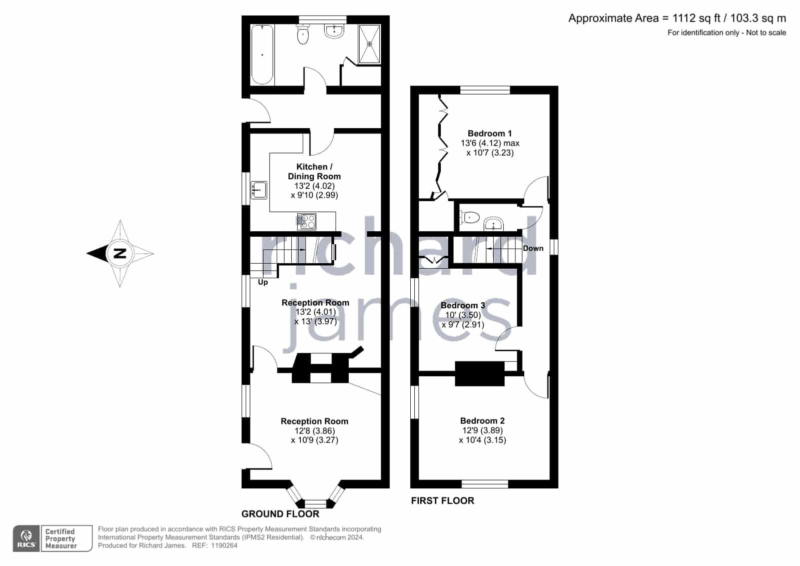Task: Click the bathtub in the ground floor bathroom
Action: pyautogui.click(x=262, y=55)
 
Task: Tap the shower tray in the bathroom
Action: pyautogui.click(x=369, y=45)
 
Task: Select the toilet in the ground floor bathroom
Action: pyautogui.click(x=303, y=35)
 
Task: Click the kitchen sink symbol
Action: pyautogui.click(x=259, y=190)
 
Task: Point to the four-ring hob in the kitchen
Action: pyautogui.click(x=307, y=221)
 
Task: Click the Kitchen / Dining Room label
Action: pyautogui.click(x=314, y=172)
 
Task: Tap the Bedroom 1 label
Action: pyautogui.click(x=490, y=133)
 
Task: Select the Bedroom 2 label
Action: pyautogui.click(x=482, y=420)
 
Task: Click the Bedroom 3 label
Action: pyautogui.click(x=463, y=305)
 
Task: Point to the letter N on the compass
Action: pyautogui.click(x=120, y=253)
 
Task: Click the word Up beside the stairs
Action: pyautogui.click(x=263, y=282)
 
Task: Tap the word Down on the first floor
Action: pyautogui.click(x=533, y=248)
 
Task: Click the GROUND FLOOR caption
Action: pyautogui.click(x=280, y=514)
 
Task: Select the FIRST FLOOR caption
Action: pyautogui.click(x=442, y=500)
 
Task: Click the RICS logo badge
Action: pyautogui.click(x=27, y=538)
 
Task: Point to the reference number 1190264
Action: pyautogui.click(x=224, y=545)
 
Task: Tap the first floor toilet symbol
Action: pyautogui.click(x=469, y=217)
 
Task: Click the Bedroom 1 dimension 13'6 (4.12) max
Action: pyautogui.click(x=490, y=143)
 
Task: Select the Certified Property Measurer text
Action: pyautogui.click(x=61, y=538)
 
